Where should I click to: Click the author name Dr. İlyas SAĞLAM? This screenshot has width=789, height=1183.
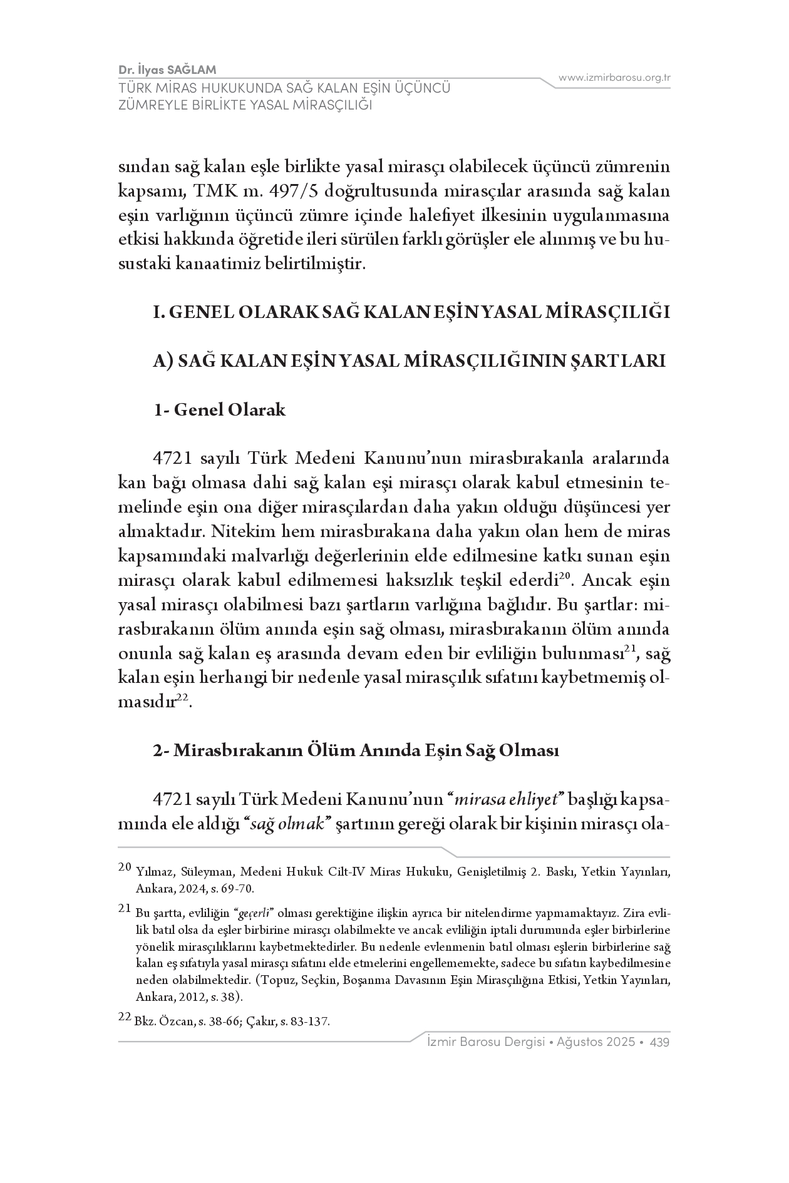(167, 69)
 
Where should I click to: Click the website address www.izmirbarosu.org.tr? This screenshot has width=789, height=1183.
(614, 78)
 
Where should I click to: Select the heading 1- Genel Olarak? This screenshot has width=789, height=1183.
(220, 410)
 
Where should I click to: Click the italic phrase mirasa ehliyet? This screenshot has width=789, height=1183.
(508, 799)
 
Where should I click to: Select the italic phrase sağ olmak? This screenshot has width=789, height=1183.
(286, 824)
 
